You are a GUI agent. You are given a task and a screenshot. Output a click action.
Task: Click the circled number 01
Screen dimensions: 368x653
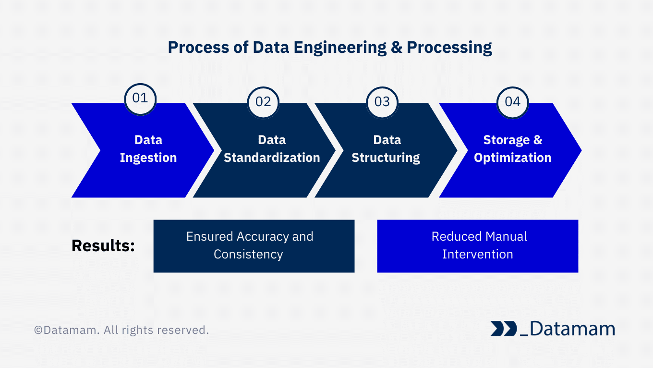140,98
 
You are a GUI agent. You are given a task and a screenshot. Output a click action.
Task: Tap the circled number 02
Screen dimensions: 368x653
263,102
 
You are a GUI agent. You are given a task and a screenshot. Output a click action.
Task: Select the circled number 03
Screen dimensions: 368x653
382,102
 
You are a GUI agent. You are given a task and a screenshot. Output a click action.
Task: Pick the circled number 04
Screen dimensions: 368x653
512,102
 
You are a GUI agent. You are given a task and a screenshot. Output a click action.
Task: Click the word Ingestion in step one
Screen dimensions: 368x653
148,158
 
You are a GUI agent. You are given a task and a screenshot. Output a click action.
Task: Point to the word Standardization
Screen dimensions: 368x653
272,158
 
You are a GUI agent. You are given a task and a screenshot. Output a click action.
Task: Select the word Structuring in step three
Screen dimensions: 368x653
386,158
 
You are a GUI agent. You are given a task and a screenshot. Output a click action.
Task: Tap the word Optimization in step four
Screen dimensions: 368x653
512,158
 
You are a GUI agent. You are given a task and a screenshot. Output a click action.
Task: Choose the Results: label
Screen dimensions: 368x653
103,245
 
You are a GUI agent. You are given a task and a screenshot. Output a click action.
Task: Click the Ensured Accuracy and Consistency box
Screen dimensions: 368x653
254,246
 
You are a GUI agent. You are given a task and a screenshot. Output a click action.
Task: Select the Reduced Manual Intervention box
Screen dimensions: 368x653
477,246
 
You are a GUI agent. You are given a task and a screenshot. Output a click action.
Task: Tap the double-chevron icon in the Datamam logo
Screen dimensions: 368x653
503,329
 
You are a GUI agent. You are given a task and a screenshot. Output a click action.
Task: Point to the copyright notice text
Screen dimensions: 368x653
121,331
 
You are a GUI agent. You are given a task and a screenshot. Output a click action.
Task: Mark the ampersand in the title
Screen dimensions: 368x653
397,48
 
